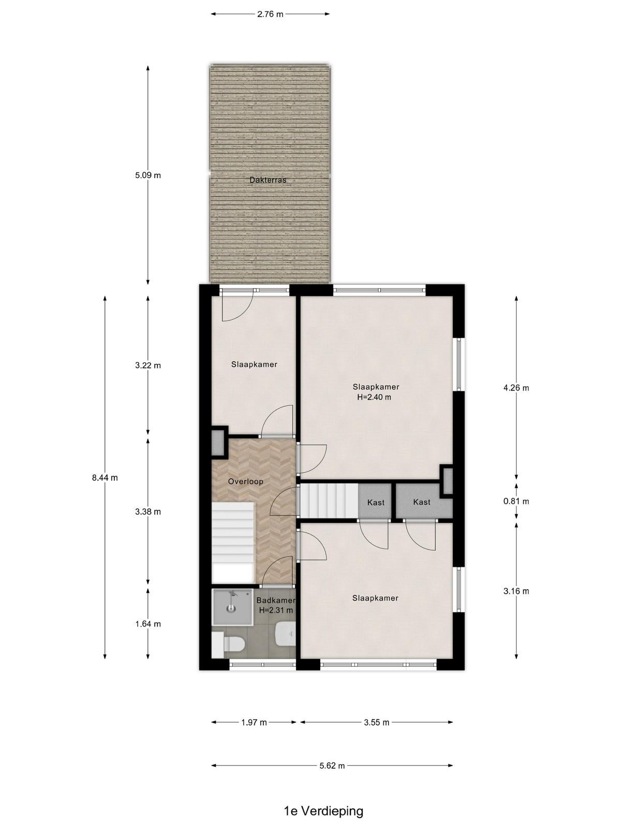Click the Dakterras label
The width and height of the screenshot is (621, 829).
[268, 180]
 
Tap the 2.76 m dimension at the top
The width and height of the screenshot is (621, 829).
[270, 15]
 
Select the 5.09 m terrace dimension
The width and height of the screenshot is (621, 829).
[148, 175]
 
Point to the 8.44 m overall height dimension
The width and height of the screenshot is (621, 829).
[105, 478]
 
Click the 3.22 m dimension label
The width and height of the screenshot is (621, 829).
[148, 365]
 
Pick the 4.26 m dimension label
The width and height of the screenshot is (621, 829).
[516, 388]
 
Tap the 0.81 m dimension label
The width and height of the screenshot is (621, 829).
[516, 501]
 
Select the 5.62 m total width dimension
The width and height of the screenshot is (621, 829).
[332, 766]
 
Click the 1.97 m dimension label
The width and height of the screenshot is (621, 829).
[254, 722]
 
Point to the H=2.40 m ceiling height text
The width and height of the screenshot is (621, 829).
[374, 397]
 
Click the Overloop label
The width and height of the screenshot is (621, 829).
[245, 481]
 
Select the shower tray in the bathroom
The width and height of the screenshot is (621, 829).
[232, 606]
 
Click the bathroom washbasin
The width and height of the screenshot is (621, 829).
[286, 634]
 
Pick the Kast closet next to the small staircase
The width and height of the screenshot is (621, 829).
[376, 502]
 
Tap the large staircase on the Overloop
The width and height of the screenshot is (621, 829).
[233, 542]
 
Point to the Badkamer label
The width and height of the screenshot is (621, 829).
[276, 601]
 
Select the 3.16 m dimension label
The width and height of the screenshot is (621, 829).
[516, 591]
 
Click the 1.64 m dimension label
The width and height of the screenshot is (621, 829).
[148, 624]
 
